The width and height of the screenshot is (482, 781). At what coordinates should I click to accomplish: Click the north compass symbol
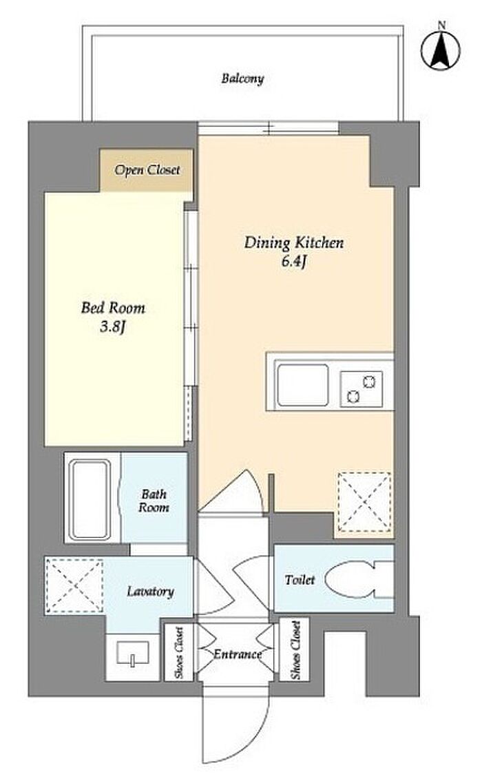click(x=440, y=50)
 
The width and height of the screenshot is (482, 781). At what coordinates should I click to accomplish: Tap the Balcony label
click(x=242, y=79)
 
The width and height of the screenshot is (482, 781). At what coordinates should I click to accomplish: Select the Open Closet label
click(x=147, y=170)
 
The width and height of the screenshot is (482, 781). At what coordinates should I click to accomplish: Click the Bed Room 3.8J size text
click(x=114, y=327)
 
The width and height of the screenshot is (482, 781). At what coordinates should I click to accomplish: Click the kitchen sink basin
click(x=303, y=385)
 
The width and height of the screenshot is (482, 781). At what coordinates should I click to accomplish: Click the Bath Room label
click(x=154, y=501)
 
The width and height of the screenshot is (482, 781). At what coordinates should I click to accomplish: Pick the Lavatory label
click(x=150, y=592)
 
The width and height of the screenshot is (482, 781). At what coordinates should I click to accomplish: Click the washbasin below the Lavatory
click(x=132, y=653)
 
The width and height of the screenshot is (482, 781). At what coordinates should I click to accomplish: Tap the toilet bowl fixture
click(x=359, y=580)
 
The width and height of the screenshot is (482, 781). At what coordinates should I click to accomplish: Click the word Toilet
click(x=300, y=580)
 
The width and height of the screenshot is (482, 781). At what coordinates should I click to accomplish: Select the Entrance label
click(x=238, y=654)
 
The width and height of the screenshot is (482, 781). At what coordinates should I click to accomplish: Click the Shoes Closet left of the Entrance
click(x=179, y=652)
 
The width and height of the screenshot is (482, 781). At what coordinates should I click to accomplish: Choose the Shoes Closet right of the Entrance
click(x=295, y=650)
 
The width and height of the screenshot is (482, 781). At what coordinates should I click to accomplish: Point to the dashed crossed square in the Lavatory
click(x=74, y=585)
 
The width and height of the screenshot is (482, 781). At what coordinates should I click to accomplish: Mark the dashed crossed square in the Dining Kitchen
click(x=364, y=501)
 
